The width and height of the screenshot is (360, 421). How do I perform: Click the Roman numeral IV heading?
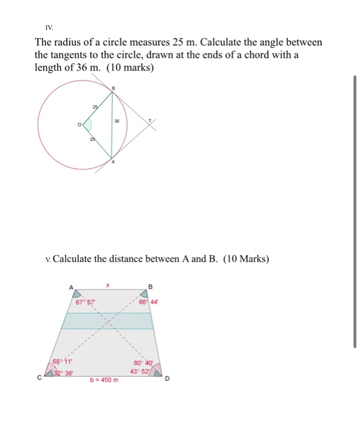point(49,28)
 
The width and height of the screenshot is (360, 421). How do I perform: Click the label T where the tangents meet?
point(151,120)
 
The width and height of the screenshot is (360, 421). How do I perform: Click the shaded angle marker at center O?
point(87,125)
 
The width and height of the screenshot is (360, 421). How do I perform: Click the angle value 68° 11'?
point(61,361)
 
